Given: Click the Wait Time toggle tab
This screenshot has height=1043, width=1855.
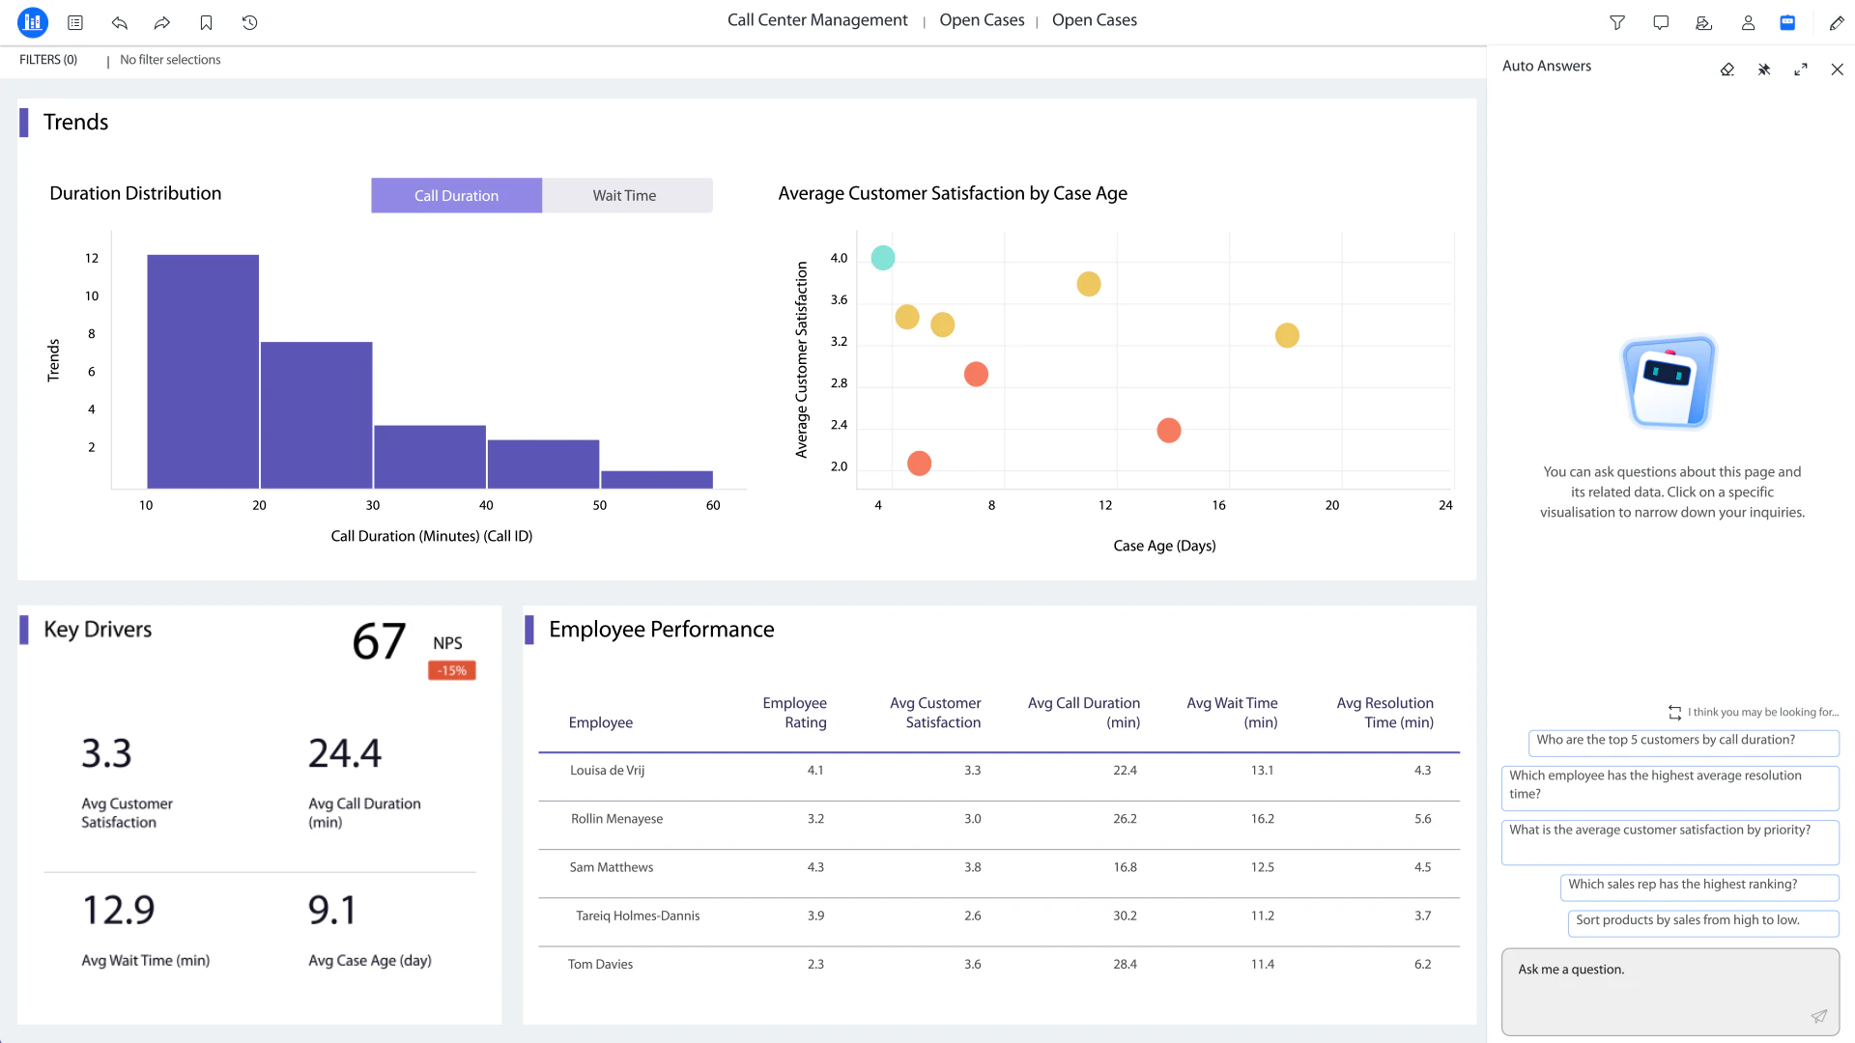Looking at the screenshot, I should point(625,195).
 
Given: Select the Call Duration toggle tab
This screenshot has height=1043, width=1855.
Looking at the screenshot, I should point(456,195).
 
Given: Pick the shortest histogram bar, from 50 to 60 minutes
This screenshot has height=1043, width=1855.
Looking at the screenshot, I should point(657,479).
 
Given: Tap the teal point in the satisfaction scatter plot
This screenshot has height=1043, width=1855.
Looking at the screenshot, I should point(883,258).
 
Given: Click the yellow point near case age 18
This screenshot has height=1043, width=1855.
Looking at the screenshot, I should point(1287,335).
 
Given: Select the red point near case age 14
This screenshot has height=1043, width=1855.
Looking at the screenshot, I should point(1169,430).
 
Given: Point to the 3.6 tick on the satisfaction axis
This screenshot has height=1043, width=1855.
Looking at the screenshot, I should point(839,299).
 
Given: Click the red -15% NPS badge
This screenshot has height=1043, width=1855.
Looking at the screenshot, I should point(451,670).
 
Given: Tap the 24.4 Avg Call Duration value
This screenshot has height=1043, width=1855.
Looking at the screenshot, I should point(345,753).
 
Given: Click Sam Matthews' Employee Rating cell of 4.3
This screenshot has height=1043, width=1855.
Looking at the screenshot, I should point(815,867).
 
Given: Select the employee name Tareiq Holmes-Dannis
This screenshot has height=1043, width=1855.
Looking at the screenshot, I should point(638,916).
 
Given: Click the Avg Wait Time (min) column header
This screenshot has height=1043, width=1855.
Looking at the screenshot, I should point(1232,713).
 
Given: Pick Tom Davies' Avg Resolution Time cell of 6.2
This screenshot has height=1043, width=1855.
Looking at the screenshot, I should point(1422,964).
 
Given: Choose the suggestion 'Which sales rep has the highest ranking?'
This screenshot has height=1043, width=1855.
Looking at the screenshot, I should point(1682,884).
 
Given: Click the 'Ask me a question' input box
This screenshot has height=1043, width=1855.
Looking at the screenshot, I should point(1669,991).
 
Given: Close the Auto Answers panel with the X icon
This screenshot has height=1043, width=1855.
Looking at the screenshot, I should point(1837,70).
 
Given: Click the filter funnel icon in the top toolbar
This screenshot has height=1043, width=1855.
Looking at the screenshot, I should point(1617,22).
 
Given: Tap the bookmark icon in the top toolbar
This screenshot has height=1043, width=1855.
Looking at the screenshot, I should point(206,22).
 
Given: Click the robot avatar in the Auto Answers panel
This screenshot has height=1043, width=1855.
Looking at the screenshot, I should point(1669,382).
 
